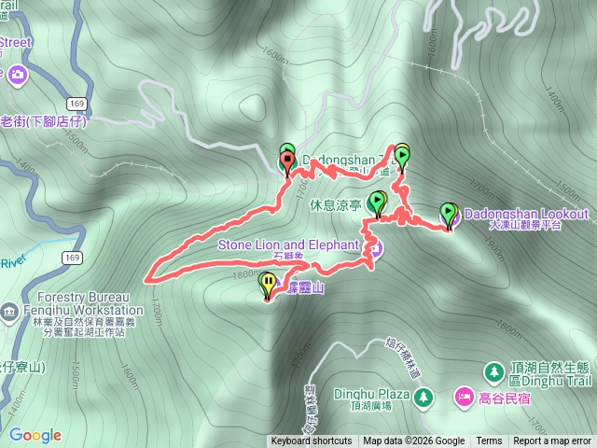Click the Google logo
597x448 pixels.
point(35,435)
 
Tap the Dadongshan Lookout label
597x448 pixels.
point(525,214)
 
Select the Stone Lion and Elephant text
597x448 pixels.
point(288,245)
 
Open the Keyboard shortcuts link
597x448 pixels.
point(312,441)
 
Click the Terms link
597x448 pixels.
point(489,441)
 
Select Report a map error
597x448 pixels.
point(552,441)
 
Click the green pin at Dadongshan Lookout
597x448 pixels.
point(449,214)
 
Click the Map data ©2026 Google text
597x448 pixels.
point(413,441)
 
